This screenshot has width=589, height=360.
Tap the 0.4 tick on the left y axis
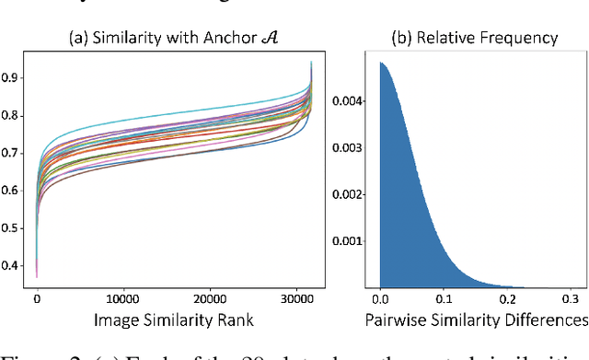point(14,265)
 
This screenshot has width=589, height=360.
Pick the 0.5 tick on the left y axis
point(14,228)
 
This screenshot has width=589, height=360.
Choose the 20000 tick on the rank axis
point(209,297)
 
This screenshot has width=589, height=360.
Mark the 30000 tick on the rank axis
point(294,297)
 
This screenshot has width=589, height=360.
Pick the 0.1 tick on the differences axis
point(443,297)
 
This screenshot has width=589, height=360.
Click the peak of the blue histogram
point(382,64)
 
